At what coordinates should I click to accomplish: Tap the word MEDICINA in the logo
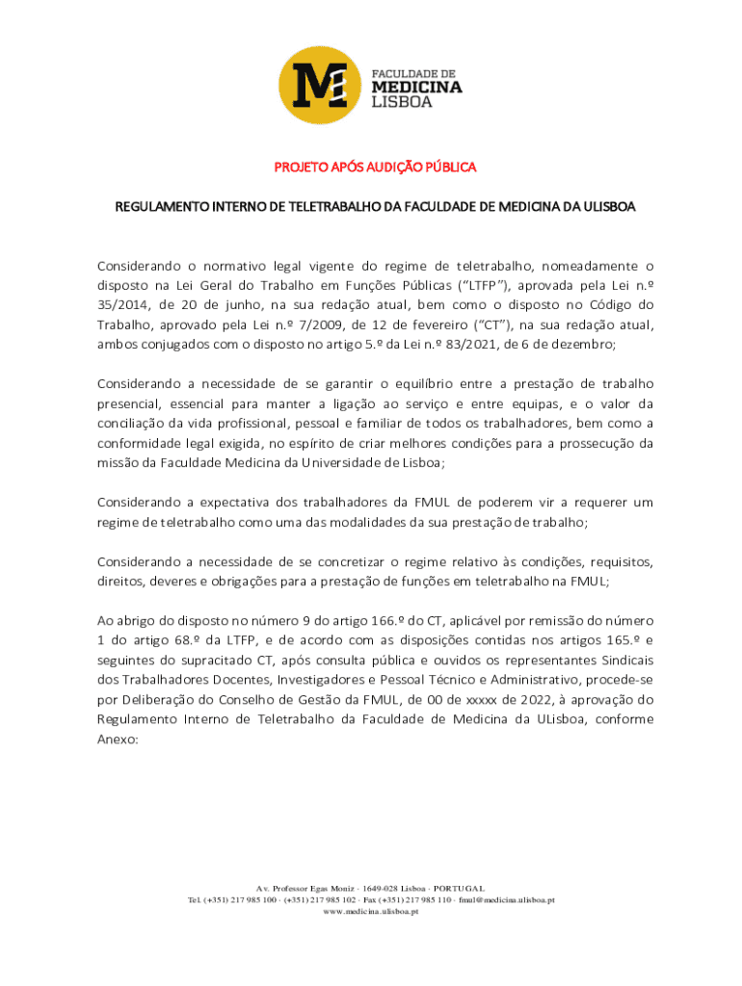click(x=416, y=88)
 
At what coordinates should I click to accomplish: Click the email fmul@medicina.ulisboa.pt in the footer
click(x=508, y=899)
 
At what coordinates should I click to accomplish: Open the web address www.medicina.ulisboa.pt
click(x=370, y=911)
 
